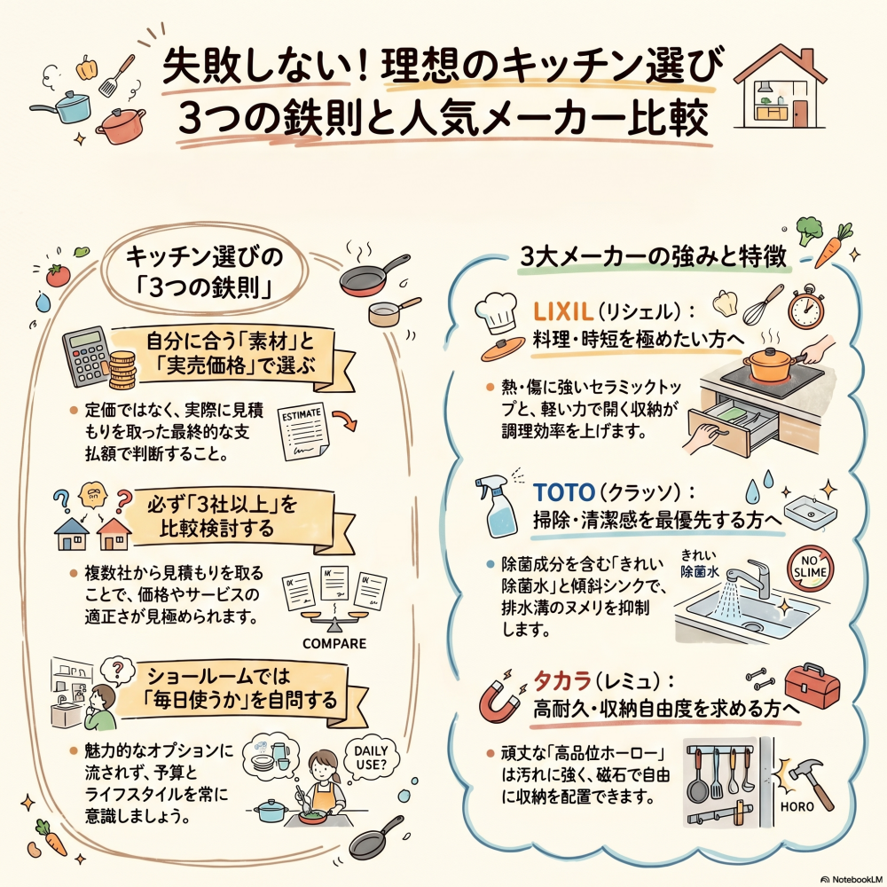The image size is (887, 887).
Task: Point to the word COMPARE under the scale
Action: (335, 642)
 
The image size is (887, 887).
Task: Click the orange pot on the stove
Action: (769, 363)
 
